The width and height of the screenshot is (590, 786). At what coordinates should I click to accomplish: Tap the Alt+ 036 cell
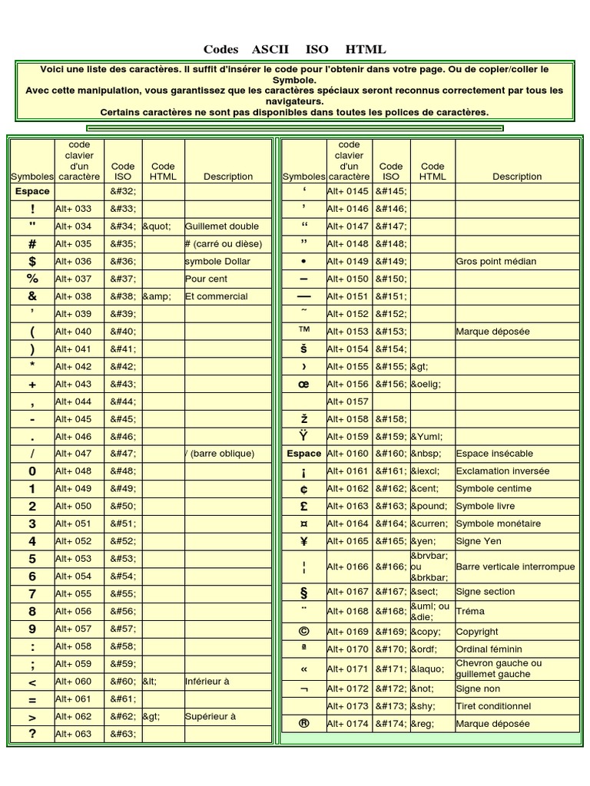73,261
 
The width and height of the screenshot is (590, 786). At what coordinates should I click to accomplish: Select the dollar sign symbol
32,261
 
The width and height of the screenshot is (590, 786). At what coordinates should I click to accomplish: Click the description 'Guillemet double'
222,226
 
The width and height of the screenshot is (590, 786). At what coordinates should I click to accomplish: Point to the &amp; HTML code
157,296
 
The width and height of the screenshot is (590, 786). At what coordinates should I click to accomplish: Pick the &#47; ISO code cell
123,454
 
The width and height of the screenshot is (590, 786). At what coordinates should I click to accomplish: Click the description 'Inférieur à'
207,681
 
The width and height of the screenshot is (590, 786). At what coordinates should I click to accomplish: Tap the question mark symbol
32,734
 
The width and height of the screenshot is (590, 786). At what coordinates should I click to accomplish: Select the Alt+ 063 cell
73,734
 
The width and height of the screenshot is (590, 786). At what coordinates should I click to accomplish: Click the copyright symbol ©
303,631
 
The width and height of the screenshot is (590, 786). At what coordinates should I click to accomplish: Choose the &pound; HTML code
429,507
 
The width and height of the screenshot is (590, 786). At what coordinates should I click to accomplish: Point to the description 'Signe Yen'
479,541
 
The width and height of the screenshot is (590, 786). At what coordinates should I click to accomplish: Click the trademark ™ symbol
303,331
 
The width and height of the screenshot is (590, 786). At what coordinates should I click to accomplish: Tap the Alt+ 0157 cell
347,401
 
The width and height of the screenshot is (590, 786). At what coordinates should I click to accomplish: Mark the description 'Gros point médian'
496,261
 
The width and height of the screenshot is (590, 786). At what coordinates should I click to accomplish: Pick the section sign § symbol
303,592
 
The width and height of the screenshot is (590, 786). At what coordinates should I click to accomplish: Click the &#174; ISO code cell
391,724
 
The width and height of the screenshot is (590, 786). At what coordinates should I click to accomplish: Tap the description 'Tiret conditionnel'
493,706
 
